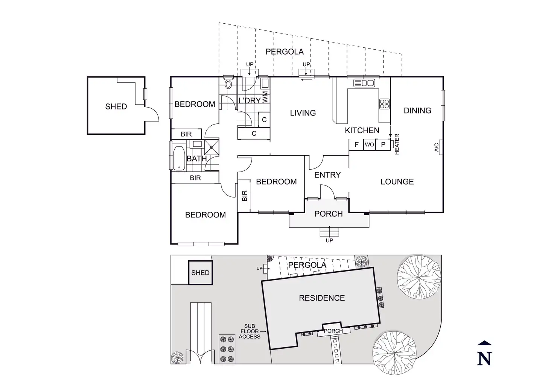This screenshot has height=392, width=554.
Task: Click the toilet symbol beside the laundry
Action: pos(228,84)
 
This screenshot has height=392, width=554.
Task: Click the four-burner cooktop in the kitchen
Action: pos(384,103)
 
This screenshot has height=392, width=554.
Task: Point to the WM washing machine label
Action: pos(265,96)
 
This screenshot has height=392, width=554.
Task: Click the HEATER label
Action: pos(397,144)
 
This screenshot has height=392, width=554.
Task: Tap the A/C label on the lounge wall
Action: pos(437,147)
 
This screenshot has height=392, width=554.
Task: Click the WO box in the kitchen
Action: pos(369,144)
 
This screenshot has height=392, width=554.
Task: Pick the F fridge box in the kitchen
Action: pos(356,144)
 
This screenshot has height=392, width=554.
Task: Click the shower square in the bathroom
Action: pos(212,146)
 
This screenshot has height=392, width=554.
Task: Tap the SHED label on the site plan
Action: pos(200,273)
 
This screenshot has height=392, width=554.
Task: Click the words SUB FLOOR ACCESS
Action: pos(250,331)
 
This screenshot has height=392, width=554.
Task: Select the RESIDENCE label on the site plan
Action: pos(322,298)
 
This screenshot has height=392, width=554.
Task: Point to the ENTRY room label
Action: pos(327,175)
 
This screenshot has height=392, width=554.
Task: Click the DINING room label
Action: pos(417,111)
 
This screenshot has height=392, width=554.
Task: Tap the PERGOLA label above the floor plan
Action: pos(285,52)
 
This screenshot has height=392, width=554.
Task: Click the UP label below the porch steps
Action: pos(329,240)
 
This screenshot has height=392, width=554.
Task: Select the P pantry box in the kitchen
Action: pos(383,144)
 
